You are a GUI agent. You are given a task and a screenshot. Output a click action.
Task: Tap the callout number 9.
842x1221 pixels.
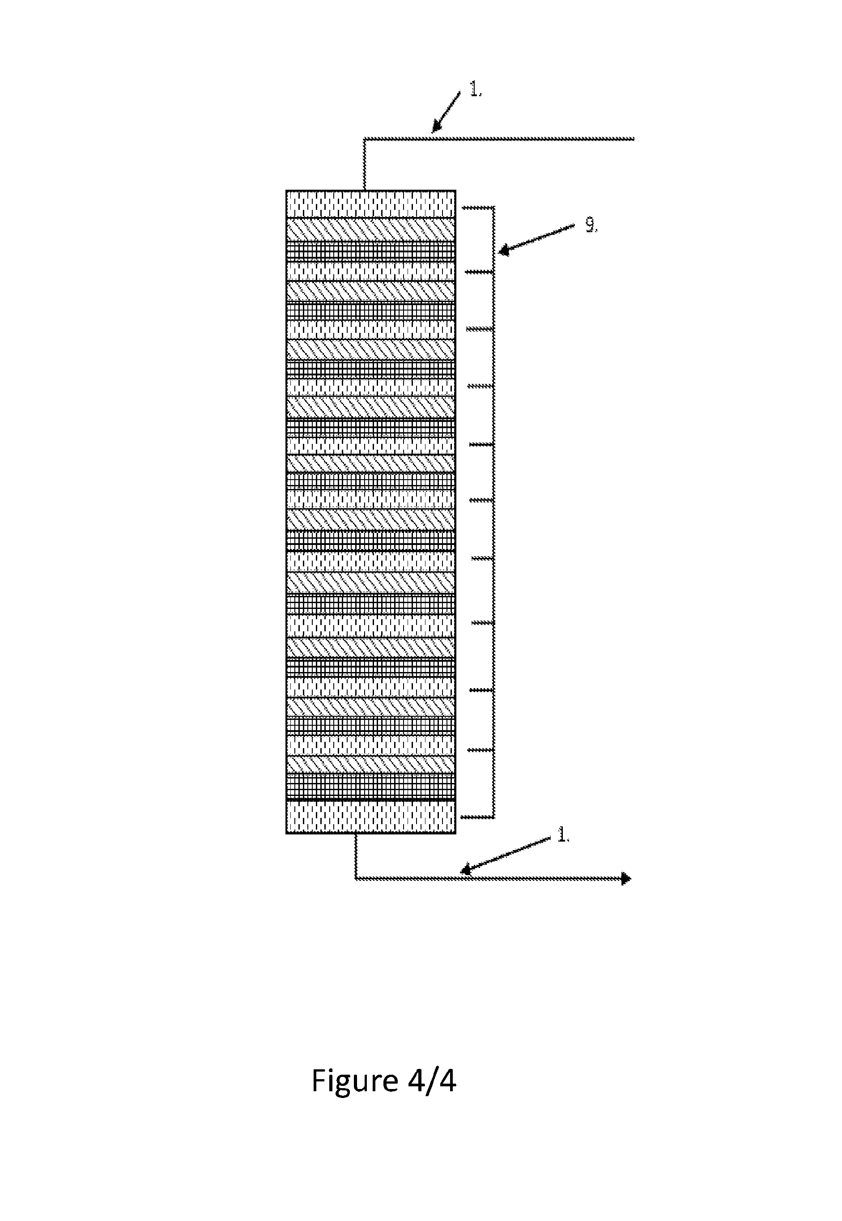pyautogui.click(x=591, y=226)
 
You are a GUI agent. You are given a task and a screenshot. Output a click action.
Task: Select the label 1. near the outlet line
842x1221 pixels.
pyautogui.click(x=563, y=835)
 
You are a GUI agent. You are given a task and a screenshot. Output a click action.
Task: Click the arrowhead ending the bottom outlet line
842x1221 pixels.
pyautogui.click(x=626, y=879)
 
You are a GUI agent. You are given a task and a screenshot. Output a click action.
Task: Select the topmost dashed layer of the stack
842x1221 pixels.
pyautogui.click(x=371, y=204)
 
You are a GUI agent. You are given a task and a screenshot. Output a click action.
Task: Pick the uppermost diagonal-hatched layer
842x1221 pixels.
pyautogui.click(x=371, y=230)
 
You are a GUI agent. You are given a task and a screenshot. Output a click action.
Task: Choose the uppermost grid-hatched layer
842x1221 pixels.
pyautogui.click(x=371, y=251)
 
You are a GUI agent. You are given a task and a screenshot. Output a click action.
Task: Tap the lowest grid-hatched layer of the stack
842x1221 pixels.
pyautogui.click(x=371, y=787)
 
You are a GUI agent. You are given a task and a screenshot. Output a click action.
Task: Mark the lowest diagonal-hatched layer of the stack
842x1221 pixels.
pyautogui.click(x=371, y=764)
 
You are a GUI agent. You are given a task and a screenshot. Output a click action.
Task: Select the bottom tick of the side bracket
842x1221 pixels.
pyautogui.click(x=477, y=817)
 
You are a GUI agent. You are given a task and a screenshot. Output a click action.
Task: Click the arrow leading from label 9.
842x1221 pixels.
pyautogui.click(x=536, y=239)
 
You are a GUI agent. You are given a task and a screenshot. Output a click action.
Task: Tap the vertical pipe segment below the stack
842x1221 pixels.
pyautogui.click(x=356, y=855)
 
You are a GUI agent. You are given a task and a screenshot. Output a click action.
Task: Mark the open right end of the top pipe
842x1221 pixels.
pyautogui.click(x=633, y=139)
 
